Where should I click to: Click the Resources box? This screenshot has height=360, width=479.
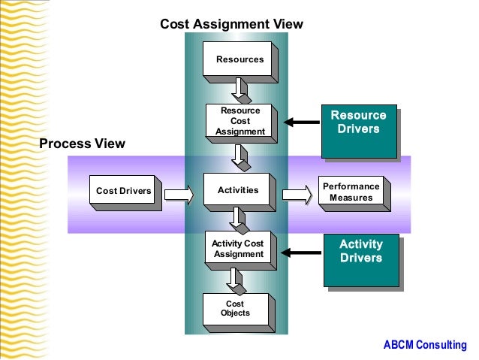coord(239,59)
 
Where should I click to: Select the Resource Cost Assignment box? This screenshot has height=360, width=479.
coord(239,121)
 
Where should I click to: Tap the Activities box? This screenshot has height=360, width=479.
coord(237,190)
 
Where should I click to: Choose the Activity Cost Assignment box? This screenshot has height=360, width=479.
coord(237,248)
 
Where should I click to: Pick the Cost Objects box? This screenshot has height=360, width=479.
coord(235,308)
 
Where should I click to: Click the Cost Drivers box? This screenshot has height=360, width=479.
coord(123,191)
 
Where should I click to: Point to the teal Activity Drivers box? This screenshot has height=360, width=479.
coord(360,258)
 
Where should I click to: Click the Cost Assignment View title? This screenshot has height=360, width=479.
coord(231,24)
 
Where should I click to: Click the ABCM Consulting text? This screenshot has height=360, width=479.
coord(424,345)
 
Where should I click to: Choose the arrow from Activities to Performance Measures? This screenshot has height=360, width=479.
coord(297,195)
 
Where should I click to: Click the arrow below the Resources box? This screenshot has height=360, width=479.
coord(240,89)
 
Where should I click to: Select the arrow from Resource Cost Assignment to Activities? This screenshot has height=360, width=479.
coord(240,155)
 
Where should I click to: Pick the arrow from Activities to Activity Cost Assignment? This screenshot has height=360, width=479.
coord(239,218)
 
